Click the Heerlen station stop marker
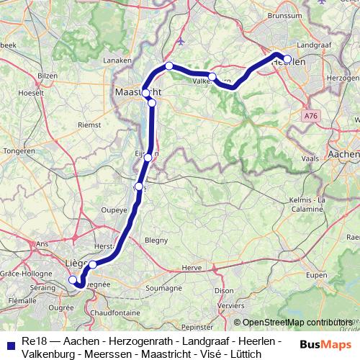click(x=287, y=60)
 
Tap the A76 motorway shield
click(x=310, y=115)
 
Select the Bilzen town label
click(x=47, y=75)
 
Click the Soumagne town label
click(x=164, y=288)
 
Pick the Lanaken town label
click(x=114, y=61)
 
